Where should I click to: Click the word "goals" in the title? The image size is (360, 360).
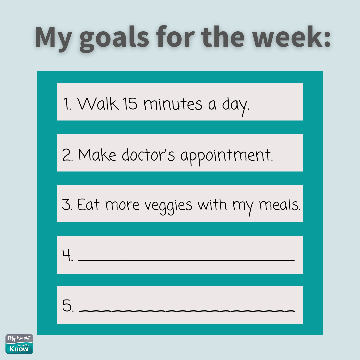(114, 39)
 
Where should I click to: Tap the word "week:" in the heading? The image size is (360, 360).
(291, 37)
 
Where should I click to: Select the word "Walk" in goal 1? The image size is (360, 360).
(98, 104)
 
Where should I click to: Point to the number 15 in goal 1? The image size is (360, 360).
(130, 104)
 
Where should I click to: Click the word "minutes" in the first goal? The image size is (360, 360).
(173, 104)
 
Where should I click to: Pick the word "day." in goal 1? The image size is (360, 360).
(236, 106)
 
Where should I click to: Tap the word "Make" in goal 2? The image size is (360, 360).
(97, 155)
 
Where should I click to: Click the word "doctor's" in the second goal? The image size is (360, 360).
(148, 155)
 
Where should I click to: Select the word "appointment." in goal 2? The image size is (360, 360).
(227, 156)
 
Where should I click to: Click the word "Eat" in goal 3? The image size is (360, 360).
(88, 204)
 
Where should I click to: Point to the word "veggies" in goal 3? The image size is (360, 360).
(168, 206)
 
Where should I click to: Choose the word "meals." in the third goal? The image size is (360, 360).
(280, 205)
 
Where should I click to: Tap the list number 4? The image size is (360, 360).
(68, 255)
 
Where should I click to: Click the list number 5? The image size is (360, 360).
(68, 306)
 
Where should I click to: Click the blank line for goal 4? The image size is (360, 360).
(186, 260)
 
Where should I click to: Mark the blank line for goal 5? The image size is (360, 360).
(187, 311)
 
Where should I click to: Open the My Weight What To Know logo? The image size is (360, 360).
(19, 344)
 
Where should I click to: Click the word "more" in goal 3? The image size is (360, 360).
(122, 205)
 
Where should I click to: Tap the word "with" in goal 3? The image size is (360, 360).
(212, 204)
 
